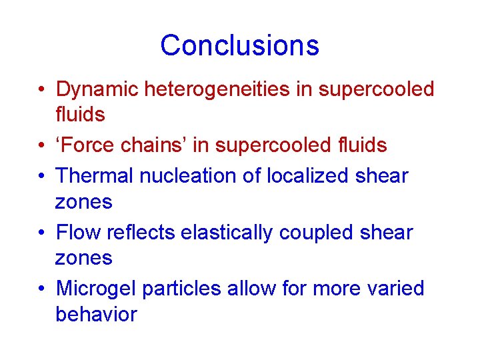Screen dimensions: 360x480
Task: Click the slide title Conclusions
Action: pos(239,45)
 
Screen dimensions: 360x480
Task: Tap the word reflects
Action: pos(139,232)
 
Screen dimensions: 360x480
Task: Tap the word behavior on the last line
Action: pos(96,314)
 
